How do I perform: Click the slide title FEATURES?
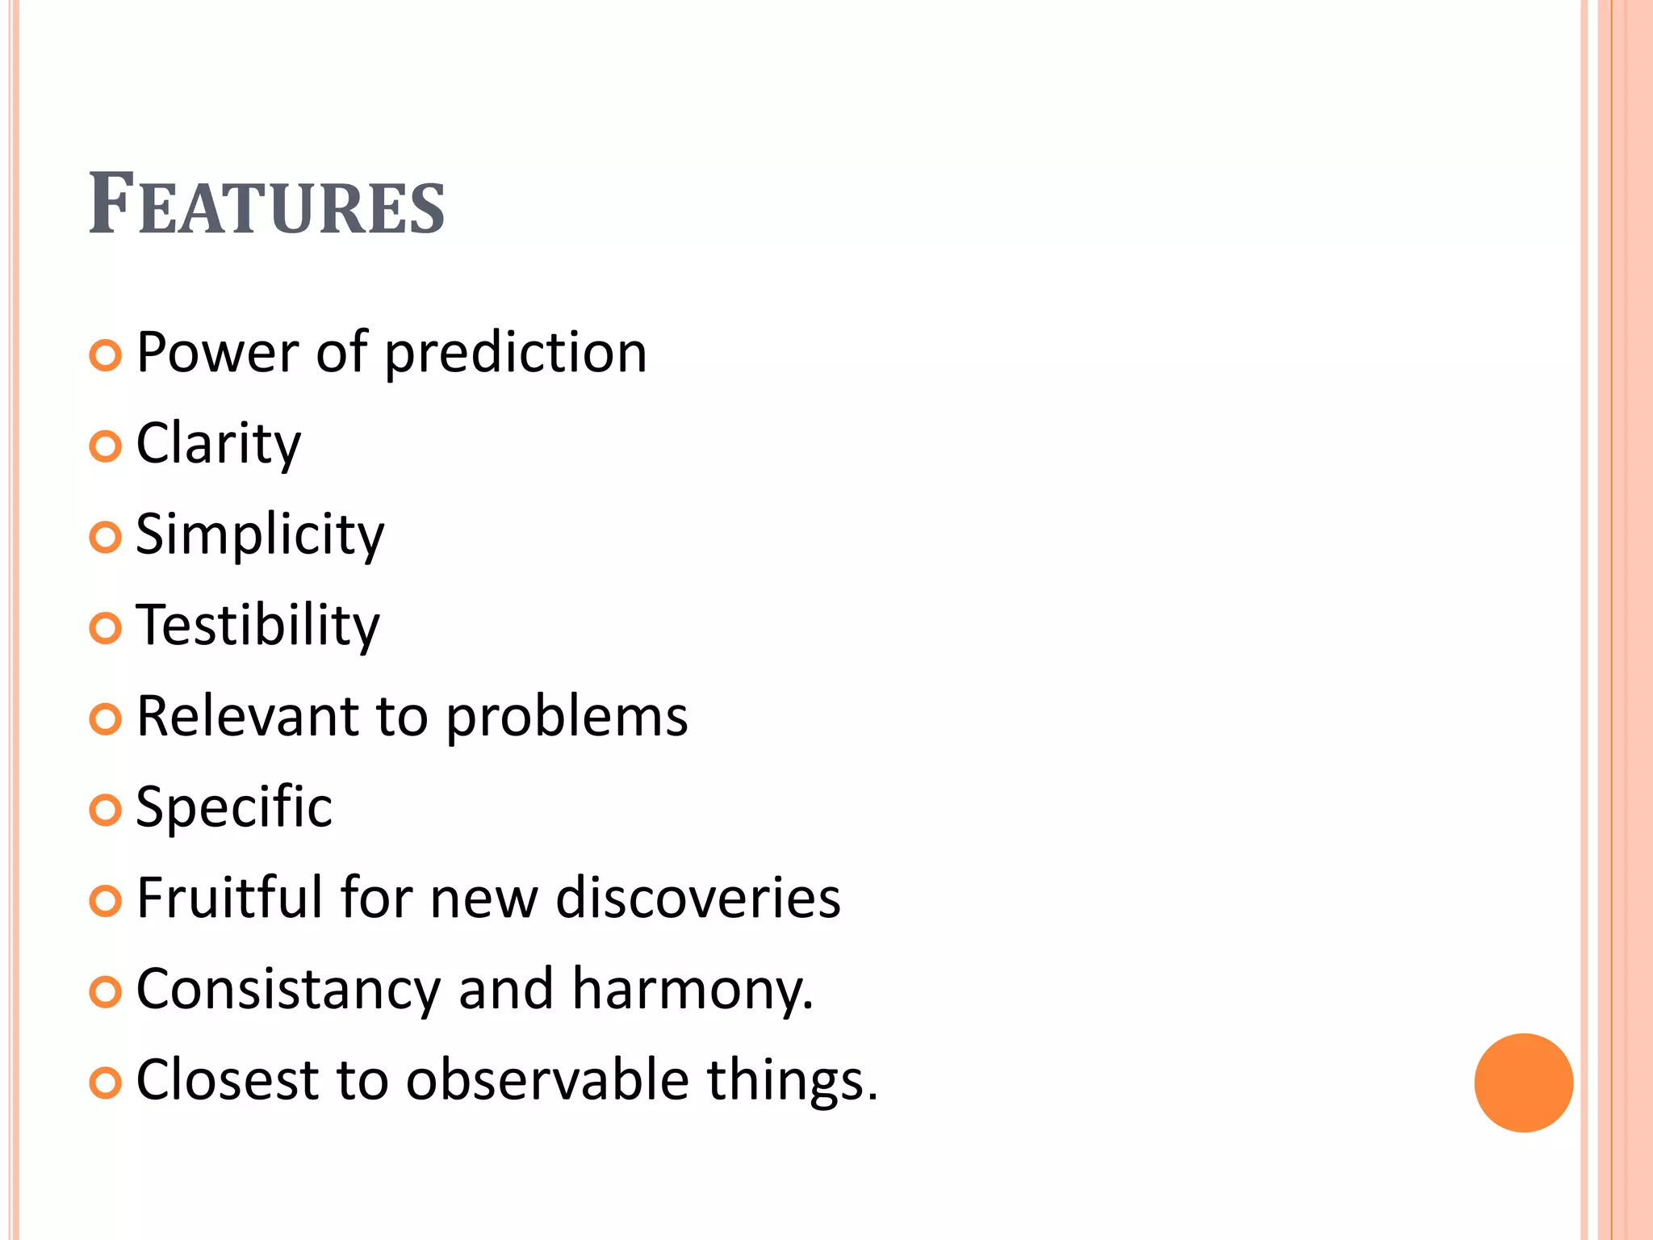click(266, 205)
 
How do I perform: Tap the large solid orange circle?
click(1523, 1083)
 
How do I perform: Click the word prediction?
click(516, 354)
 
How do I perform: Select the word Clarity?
click(218, 444)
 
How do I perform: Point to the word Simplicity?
click(260, 535)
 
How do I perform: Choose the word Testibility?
click(257, 626)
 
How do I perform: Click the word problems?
click(567, 717)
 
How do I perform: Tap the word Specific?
click(234, 807)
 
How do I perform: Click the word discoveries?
click(698, 898)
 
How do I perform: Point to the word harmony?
click(693, 990)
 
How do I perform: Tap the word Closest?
click(227, 1080)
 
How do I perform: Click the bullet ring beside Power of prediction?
click(106, 355)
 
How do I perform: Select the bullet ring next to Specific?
click(106, 810)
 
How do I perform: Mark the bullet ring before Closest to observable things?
click(106, 1083)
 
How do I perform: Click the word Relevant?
click(247, 717)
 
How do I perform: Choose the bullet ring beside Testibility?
click(106, 628)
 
